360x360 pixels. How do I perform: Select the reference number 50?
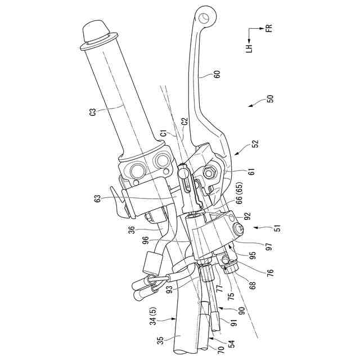[x=270, y=98]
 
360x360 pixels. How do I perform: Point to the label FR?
[x=269, y=28]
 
